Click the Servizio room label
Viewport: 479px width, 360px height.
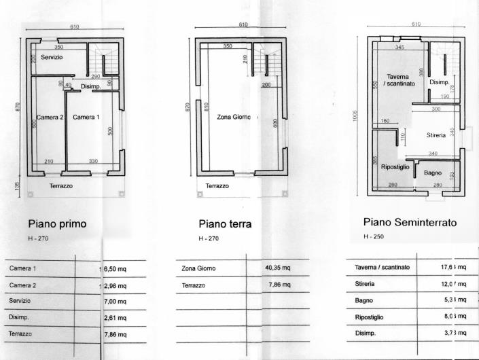[x=52, y=58]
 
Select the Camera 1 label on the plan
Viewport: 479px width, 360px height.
[x=86, y=118]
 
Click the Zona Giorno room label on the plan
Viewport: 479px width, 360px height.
[x=234, y=117]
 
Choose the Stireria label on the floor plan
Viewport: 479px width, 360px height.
[x=436, y=136]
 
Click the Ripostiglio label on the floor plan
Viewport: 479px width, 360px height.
[x=394, y=167]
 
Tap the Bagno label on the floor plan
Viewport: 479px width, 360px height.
[x=433, y=173]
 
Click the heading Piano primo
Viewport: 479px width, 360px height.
[x=57, y=223]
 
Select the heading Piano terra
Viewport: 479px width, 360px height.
[x=226, y=223]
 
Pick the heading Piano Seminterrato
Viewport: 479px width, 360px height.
[x=410, y=222]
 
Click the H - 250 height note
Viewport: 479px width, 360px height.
[x=374, y=237]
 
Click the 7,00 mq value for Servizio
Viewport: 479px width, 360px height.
[x=116, y=300]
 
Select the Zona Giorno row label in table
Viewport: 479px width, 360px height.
[x=198, y=269]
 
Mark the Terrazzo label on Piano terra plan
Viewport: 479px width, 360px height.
[x=217, y=185]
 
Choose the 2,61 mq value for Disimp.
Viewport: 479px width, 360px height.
[x=116, y=317]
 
